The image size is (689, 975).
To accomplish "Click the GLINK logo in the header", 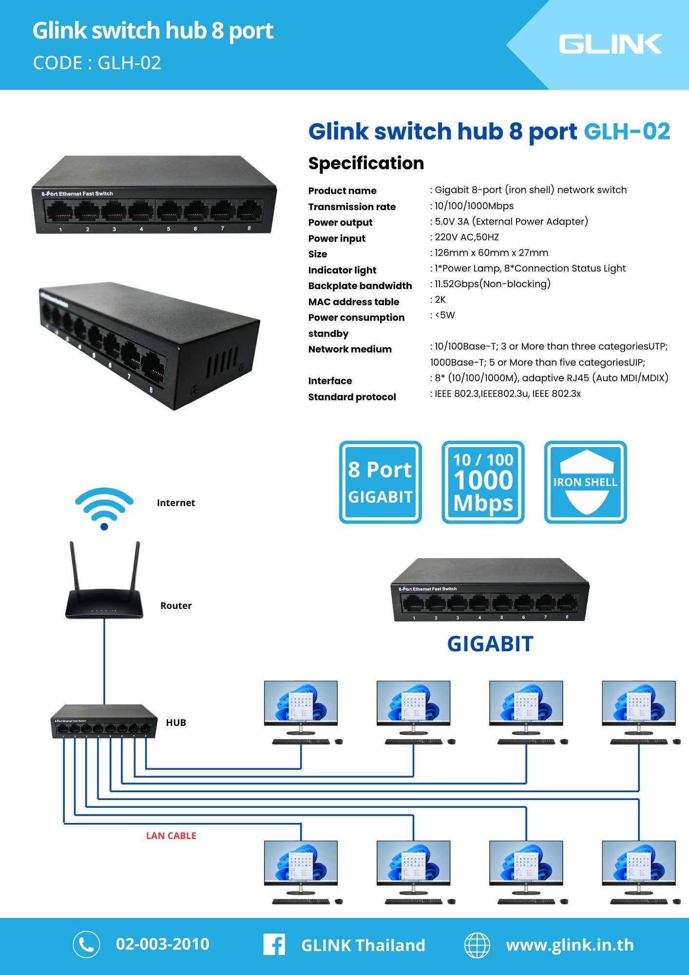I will pos(610,44).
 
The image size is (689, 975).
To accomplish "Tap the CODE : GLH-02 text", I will pos(97,63).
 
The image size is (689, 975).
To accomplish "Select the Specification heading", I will pos(366,163).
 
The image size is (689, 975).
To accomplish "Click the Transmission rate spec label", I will pos(352,207).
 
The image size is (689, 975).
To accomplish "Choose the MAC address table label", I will pos(353,302).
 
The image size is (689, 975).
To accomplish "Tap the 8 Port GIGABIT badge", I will pos(380,482).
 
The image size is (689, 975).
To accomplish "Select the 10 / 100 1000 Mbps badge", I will pos(483,482).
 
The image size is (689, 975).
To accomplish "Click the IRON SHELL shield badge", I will pos(585,482).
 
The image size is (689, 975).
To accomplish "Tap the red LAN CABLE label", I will pos(171,836).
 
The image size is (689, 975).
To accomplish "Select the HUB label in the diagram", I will pos(176,722).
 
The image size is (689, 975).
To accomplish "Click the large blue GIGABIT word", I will pos(490,644).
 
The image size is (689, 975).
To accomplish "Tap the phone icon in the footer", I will pos(86,944).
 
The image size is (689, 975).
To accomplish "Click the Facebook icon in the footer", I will pos(274,944).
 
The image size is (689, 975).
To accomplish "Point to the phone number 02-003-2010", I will pos(162,944).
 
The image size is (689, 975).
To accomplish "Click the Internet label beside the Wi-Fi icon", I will pos(176,503).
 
